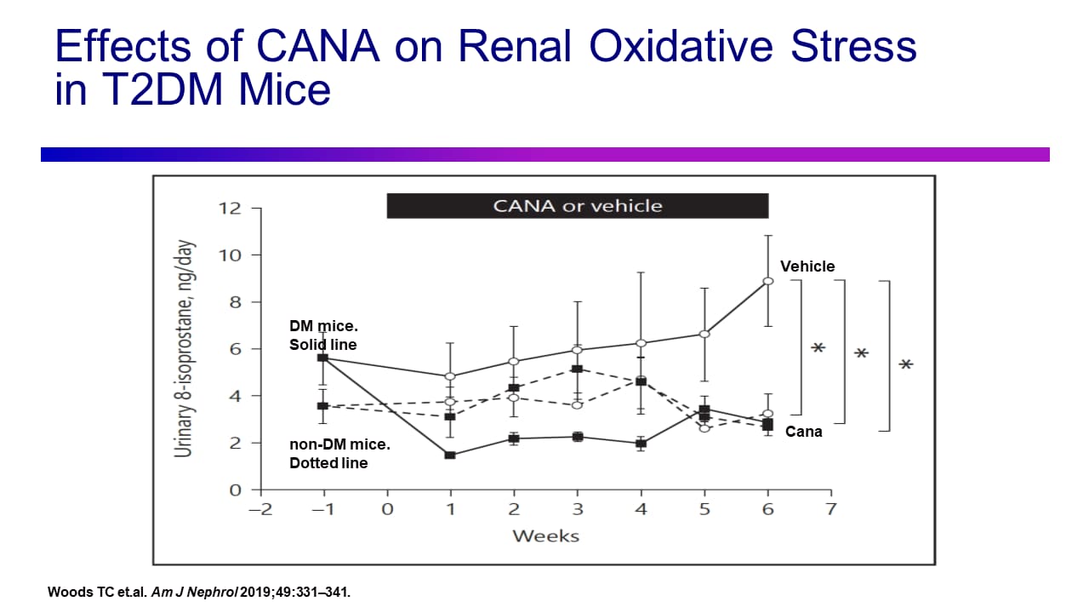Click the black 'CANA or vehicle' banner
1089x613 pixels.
pos(578,206)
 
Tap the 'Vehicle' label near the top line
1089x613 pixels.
pos(807,266)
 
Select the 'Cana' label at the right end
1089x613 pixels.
pos(803,432)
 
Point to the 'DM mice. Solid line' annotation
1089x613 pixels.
pos(322,335)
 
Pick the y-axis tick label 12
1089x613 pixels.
pos(231,209)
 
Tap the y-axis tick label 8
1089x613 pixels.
pos(236,302)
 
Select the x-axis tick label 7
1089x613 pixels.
pos(831,509)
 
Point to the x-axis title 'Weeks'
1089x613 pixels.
pos(545,536)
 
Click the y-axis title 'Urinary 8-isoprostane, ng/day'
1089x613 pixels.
pos(183,348)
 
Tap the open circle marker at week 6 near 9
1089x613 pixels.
pos(767,281)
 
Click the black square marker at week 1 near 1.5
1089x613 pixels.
pos(450,455)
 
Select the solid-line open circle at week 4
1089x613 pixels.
pos(641,343)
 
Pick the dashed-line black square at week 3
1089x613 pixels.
pos(577,369)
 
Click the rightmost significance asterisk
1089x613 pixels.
pos(906,365)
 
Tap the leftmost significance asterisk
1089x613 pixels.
pos(818,348)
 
